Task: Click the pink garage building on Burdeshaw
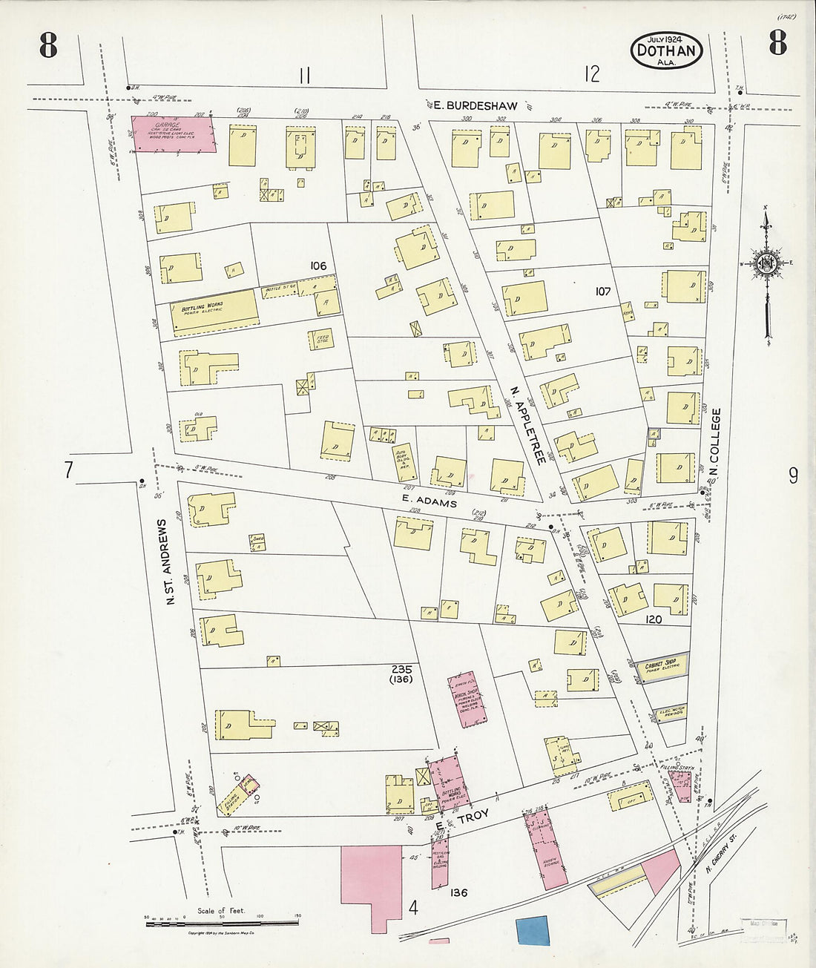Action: (x=176, y=134)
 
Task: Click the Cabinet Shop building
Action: (x=660, y=669)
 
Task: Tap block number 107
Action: (x=602, y=292)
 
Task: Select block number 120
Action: (x=653, y=619)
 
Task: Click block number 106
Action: (x=319, y=266)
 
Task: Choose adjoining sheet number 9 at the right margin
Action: (x=792, y=475)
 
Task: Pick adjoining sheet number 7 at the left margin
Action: (x=68, y=470)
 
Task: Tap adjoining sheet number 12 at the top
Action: (x=591, y=73)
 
